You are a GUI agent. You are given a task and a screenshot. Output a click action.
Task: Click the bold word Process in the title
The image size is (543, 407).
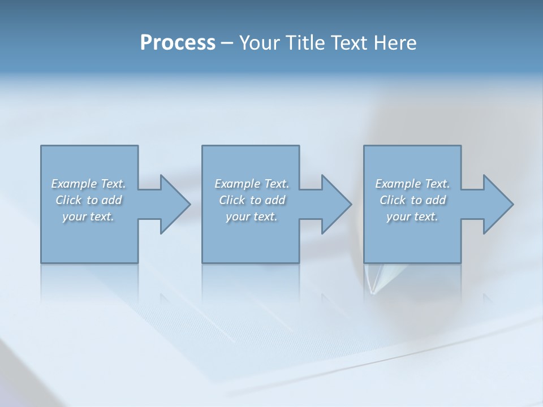[178, 43]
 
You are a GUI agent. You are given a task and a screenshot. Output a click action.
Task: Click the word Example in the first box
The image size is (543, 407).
[74, 184]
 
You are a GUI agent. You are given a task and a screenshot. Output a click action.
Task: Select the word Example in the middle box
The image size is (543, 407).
[238, 184]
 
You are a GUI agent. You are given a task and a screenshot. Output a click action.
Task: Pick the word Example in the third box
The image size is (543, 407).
[398, 184]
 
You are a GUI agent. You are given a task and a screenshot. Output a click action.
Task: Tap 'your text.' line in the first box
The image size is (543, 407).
[88, 217]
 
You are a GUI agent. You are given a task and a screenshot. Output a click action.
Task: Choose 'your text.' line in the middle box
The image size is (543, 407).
[252, 217]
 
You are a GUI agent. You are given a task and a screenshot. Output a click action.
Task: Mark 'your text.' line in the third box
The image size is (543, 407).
[412, 217]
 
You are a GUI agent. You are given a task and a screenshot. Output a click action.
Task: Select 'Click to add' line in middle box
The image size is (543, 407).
[252, 200]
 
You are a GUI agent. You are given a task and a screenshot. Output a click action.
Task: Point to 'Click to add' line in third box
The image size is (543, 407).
[412, 200]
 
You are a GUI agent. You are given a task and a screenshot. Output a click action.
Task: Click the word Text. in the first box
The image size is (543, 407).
[113, 184]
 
